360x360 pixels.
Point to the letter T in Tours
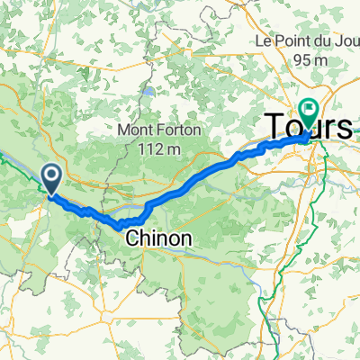(x=274, y=128)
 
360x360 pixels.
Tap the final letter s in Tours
(x=346, y=128)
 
